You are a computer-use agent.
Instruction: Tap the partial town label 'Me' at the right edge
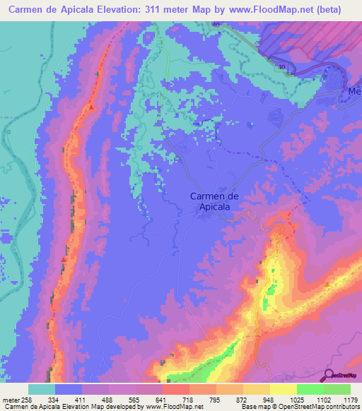(x=354, y=92)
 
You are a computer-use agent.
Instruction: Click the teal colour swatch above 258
(x=42, y=389)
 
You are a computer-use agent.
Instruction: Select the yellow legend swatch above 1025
(x=284, y=389)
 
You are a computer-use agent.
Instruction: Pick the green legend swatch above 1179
(x=337, y=389)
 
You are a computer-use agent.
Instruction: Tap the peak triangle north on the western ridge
(x=91, y=107)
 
